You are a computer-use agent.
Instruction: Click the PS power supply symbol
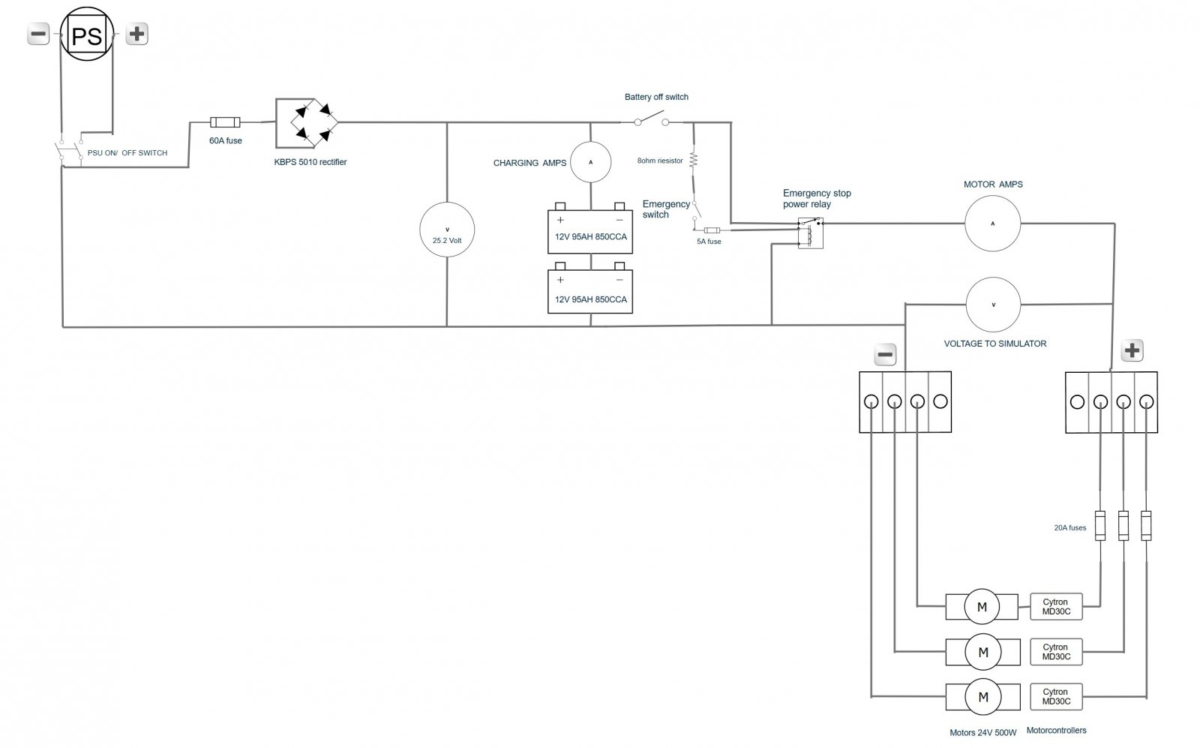tap(86, 35)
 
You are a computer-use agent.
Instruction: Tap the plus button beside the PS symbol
tap(136, 34)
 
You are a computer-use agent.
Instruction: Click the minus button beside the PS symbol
tap(38, 34)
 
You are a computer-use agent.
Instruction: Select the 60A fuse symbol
tap(225, 122)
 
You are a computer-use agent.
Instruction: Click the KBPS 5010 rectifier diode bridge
tap(307, 123)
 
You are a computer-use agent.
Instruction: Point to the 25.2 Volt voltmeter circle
tap(447, 230)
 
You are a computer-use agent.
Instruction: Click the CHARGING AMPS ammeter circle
tap(591, 161)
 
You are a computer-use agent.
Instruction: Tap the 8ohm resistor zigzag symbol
tap(694, 160)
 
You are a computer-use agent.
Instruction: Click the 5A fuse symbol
tap(712, 230)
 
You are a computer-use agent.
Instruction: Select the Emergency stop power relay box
tap(810, 233)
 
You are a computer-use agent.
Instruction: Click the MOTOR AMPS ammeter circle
tap(992, 223)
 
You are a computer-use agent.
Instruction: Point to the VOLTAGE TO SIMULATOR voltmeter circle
tap(993, 305)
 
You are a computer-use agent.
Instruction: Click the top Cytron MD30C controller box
tap(1056, 606)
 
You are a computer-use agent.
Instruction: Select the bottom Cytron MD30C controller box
tap(1056, 696)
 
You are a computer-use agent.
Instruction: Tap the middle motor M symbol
tap(982, 652)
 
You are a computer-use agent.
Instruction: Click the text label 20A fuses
tap(1069, 527)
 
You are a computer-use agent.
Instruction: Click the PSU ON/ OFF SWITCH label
tap(127, 152)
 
